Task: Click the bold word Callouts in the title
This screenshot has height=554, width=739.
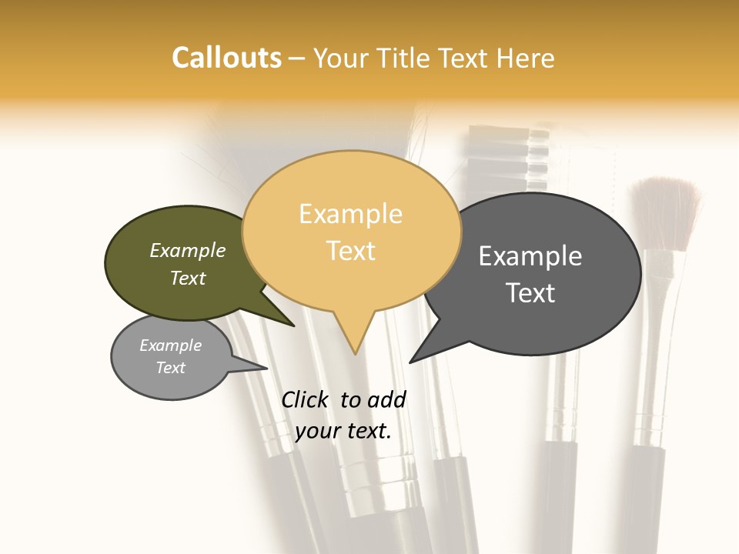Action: coord(226,58)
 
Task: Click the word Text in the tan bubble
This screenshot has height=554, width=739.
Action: coord(350,250)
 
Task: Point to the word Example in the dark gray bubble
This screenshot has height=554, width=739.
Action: coord(530,255)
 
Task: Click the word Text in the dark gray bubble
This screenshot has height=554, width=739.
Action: coord(530,292)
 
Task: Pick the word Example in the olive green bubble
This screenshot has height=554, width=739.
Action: coord(188,250)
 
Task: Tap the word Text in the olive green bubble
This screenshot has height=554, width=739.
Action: coord(188,278)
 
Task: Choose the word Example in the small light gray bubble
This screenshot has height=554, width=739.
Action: coord(171,345)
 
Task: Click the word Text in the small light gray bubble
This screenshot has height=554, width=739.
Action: coord(171,368)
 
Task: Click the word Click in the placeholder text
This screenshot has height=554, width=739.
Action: coord(306,399)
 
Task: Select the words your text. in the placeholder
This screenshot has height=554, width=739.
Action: coord(343,432)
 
